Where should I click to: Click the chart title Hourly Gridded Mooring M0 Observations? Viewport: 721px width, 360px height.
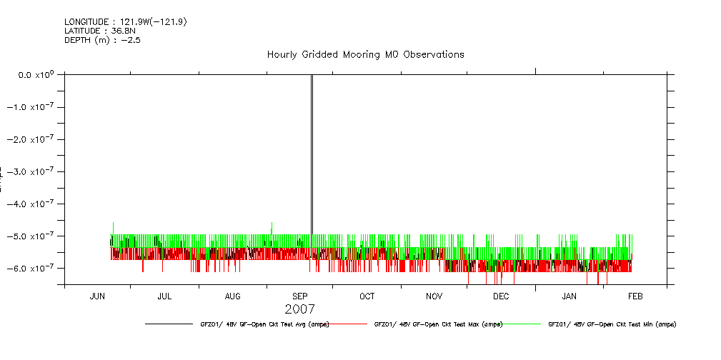[x=365, y=54]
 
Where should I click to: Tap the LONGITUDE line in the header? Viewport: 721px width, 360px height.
[x=126, y=22]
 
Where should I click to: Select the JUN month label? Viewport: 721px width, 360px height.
[x=98, y=296]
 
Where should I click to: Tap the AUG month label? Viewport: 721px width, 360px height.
[x=232, y=296]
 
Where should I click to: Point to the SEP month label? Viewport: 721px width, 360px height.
[x=300, y=296]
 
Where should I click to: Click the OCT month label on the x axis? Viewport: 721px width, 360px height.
[x=367, y=296]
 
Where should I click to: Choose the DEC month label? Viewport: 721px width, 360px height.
[x=501, y=296]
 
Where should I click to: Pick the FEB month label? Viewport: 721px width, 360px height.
[x=635, y=296]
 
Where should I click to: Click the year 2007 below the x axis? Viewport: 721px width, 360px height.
[x=299, y=309]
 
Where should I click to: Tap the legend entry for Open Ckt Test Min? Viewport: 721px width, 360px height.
[x=612, y=324]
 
